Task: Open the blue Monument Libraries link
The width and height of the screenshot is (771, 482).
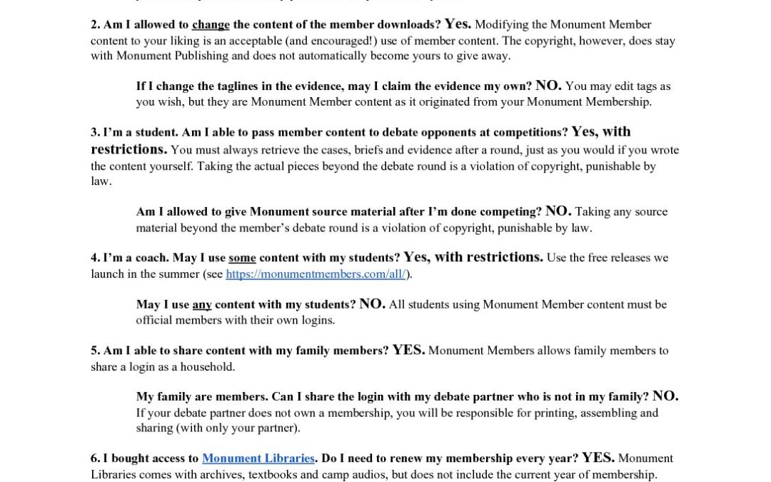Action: click(258, 458)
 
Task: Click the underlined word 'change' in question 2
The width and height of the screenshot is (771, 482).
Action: click(211, 25)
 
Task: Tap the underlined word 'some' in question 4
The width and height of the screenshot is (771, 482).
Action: click(242, 258)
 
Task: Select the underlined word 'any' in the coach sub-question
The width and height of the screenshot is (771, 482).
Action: click(202, 305)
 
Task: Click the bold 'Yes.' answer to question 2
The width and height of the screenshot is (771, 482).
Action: click(458, 24)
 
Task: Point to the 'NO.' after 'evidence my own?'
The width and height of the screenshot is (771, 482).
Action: click(548, 86)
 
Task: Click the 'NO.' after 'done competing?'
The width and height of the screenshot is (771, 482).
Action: click(558, 211)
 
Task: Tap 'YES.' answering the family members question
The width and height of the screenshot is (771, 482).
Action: click(408, 351)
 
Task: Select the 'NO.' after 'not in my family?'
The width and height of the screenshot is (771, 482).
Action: click(665, 397)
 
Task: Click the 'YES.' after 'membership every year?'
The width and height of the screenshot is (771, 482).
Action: click(598, 458)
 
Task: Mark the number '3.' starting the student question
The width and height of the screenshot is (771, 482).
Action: click(96, 133)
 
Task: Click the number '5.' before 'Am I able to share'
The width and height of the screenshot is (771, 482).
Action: click(96, 351)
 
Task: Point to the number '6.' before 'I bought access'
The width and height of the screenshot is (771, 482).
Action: click(96, 459)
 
